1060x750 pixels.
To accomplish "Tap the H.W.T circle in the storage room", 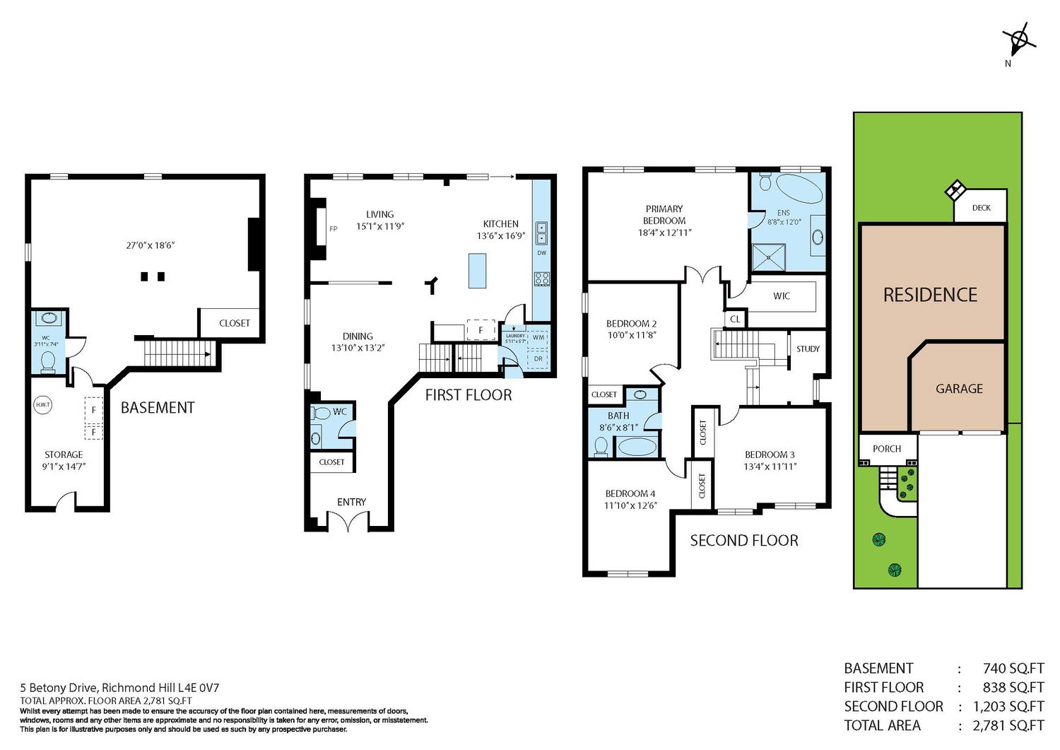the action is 42,405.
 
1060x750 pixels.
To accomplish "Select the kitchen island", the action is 477,271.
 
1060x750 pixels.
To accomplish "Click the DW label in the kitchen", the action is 541,253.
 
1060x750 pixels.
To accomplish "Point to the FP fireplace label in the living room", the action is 333,229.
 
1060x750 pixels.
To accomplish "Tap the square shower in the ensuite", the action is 769,257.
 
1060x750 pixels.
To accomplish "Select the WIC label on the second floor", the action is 782,296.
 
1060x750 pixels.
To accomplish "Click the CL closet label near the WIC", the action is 735,319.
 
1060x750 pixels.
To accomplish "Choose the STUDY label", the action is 808,349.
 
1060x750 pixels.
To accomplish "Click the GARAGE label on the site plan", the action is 959,389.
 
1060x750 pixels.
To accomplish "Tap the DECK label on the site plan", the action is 981,208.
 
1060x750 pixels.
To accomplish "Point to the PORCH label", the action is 887,449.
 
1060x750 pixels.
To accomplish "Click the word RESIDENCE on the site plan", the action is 931,295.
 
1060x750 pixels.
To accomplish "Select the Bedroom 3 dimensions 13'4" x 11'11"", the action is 770,467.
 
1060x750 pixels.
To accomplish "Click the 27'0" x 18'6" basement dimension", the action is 151,245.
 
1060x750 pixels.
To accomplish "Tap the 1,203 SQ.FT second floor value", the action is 1008,706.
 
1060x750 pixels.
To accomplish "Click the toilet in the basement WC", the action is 48,362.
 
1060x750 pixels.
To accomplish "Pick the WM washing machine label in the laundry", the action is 538,338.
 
